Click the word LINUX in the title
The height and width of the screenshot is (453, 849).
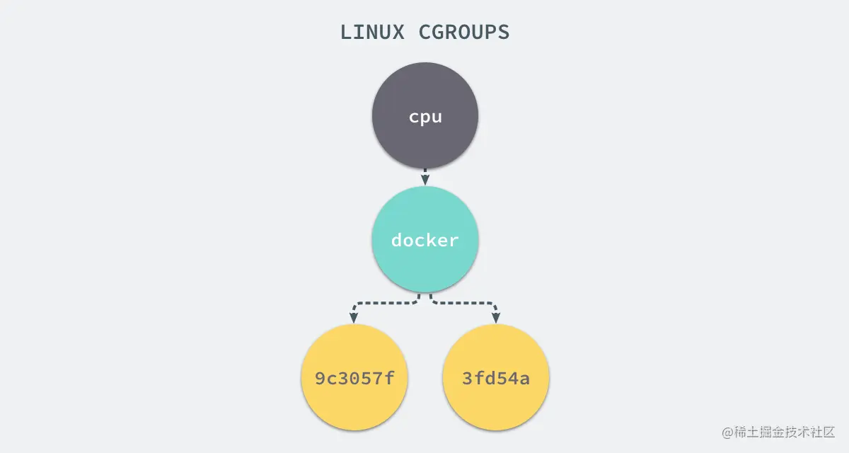click(372, 32)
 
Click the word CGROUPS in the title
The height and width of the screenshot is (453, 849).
click(464, 32)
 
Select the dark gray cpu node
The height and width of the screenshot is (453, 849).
click(425, 115)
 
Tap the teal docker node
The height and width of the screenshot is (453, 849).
click(425, 239)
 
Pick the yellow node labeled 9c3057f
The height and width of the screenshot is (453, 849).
click(354, 377)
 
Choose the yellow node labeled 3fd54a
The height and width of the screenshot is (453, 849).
click(496, 377)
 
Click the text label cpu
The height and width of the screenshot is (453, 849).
click(425, 117)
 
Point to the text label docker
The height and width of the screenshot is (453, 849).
click(425, 240)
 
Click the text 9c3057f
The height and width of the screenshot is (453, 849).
click(354, 378)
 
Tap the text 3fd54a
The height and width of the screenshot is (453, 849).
click(496, 378)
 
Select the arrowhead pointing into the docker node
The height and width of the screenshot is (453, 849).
click(425, 180)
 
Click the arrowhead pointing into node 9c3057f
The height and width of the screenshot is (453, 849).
click(354, 318)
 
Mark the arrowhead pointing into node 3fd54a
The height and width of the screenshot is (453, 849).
click(496, 318)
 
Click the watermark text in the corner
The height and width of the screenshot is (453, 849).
click(778, 432)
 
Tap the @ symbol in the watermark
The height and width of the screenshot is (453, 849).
click(727, 432)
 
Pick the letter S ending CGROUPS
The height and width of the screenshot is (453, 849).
click(504, 32)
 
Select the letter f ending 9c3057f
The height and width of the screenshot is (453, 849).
click(389, 378)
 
